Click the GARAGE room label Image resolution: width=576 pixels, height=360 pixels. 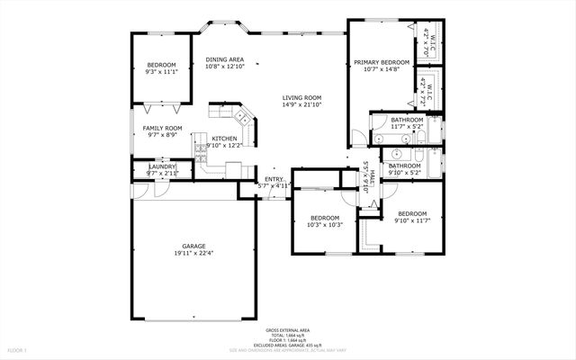coord(193,246)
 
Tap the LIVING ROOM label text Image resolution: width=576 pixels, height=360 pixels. coord(302,98)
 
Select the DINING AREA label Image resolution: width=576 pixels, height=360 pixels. coord(224,59)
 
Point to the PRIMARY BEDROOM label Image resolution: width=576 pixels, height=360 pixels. coord(382,62)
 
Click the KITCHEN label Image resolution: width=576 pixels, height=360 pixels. coord(224,138)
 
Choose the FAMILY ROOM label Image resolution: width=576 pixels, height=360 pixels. coord(162,129)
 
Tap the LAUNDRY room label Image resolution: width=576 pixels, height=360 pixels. coord(162,166)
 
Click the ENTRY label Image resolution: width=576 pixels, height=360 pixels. coord(274,179)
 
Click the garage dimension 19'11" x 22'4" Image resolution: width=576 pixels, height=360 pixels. coord(193,253)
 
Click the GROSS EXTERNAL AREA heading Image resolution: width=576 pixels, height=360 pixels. coord(287,330)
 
